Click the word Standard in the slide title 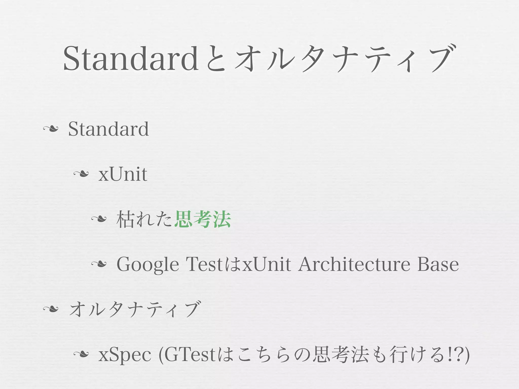click(x=131, y=59)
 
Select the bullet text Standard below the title click(x=108, y=129)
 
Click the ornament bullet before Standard click(x=51, y=129)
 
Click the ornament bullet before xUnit click(x=81, y=174)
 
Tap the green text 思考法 click(x=203, y=219)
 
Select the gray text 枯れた click(x=145, y=219)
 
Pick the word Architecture click(x=354, y=264)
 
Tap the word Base click(x=438, y=264)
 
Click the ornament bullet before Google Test click(x=99, y=264)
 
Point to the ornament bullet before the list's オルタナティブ click(x=51, y=309)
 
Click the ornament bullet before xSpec click(x=81, y=354)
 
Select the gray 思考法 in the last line click(x=341, y=354)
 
